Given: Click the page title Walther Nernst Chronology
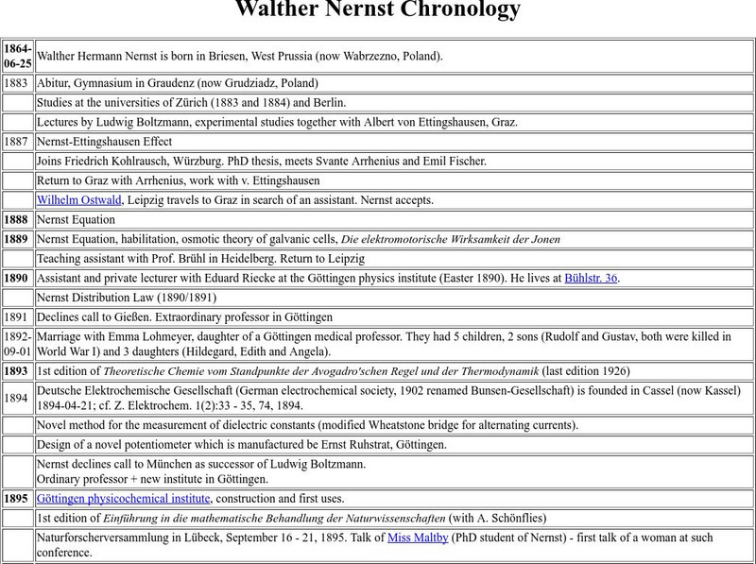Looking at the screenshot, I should pos(377,10).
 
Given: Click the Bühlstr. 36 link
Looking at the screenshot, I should pos(591,278).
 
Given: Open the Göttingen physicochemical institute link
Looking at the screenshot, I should pos(123,499).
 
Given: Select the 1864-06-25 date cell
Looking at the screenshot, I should pos(17,56).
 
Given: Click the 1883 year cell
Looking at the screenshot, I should pos(16,83).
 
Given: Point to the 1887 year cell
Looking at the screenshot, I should pos(16,142).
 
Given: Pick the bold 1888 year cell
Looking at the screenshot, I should pos(16,220).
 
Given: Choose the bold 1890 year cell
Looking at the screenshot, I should pos(16,278).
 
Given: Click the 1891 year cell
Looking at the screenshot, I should pos(16,317).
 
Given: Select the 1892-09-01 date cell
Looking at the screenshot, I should pos(17,344).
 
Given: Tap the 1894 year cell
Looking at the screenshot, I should pos(16,398).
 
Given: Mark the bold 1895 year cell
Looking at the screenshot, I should pos(16,499).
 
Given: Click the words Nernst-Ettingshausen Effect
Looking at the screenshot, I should pos(104,142).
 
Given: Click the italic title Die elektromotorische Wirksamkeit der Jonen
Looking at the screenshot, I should pos(450,239).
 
